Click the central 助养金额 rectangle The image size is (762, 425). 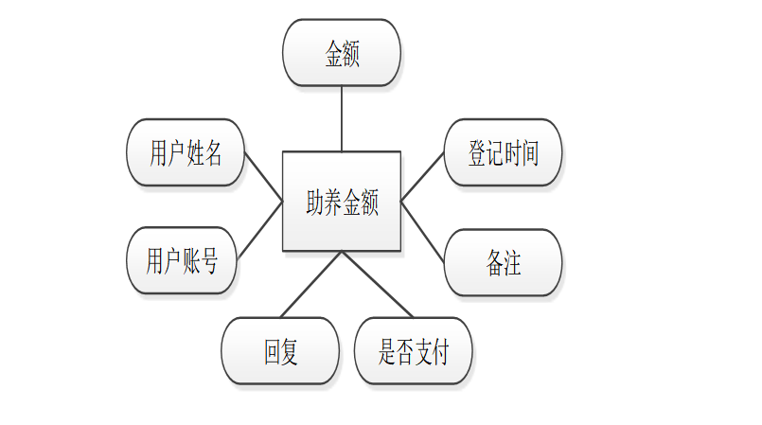(x=342, y=201)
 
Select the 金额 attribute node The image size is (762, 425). (x=342, y=53)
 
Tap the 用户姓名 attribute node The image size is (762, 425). (x=186, y=152)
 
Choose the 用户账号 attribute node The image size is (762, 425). (x=181, y=260)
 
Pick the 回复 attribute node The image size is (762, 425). (x=280, y=351)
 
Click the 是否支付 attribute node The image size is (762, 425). (x=413, y=351)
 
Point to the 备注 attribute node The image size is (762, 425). (x=503, y=262)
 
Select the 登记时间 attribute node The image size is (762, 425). (x=503, y=152)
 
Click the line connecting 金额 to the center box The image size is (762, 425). (x=342, y=118)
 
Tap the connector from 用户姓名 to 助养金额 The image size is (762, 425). (x=263, y=176)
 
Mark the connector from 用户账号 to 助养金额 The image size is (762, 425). (x=259, y=230)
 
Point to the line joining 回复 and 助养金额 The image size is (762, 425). (x=311, y=284)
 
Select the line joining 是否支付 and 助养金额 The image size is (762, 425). (x=378, y=284)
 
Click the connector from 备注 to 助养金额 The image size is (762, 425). (x=423, y=230)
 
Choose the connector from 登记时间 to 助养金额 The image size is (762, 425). (x=423, y=176)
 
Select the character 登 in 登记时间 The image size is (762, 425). (x=477, y=153)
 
